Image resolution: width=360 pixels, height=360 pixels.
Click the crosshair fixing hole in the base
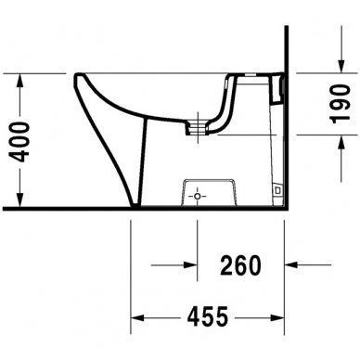[x=197, y=197]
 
